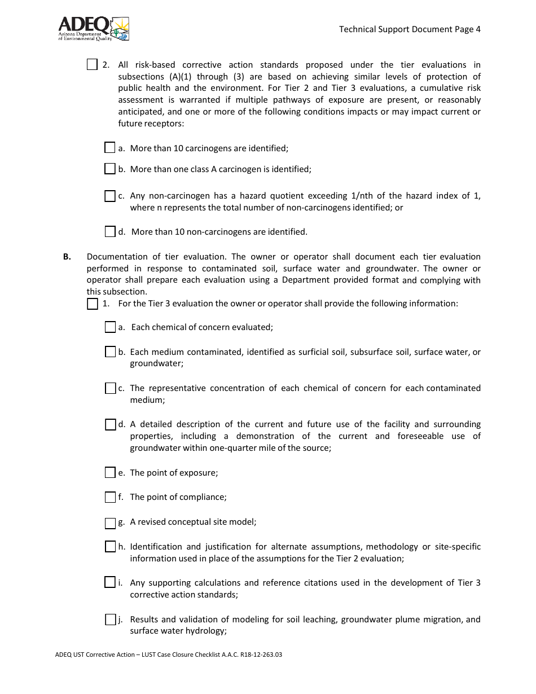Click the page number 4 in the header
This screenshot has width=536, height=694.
click(477, 29)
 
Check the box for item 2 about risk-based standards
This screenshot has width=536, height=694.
click(93, 65)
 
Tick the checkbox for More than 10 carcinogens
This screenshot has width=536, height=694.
click(110, 148)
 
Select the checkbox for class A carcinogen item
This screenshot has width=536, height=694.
click(110, 169)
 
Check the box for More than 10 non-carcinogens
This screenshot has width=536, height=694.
click(110, 231)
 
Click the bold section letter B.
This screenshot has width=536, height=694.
click(67, 257)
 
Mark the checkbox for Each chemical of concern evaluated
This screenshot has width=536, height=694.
click(110, 327)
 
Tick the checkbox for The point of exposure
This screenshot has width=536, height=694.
click(110, 472)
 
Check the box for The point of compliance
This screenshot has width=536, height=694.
click(110, 497)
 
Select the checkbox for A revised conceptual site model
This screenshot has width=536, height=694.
click(110, 522)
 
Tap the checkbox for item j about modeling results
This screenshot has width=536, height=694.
click(110, 620)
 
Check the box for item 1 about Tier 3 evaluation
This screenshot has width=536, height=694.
click(93, 304)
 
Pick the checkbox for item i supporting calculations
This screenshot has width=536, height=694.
click(110, 583)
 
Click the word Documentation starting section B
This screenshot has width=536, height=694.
click(115, 257)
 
